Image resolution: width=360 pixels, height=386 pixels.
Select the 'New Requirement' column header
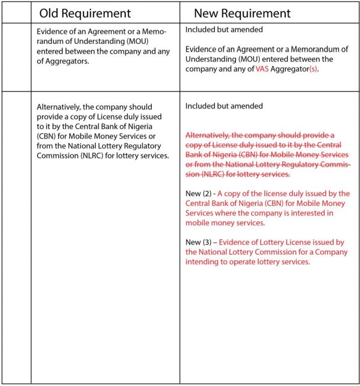click(x=242, y=13)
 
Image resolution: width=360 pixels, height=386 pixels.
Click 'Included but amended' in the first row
click(x=224, y=29)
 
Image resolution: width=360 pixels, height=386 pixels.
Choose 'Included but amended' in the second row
click(x=224, y=106)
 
